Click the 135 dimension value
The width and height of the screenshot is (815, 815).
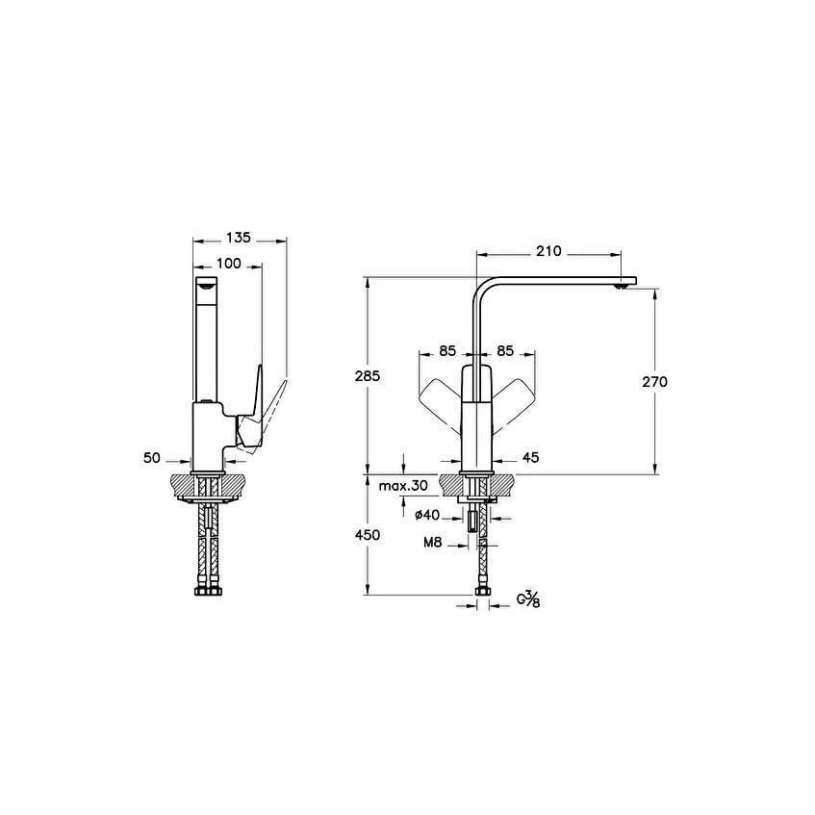[x=239, y=238]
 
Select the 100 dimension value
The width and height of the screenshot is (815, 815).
[x=229, y=264]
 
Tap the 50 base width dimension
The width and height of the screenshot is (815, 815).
[x=152, y=458]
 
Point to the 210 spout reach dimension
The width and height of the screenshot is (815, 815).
[x=548, y=251]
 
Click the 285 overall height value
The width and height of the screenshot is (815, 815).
[x=368, y=375]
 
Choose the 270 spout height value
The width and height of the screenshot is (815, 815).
[x=654, y=381]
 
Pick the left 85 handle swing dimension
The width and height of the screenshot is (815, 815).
[x=447, y=351]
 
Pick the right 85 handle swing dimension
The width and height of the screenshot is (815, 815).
[x=505, y=351]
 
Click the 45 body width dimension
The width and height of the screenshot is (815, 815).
[x=530, y=457]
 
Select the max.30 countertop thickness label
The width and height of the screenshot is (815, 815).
[x=403, y=486]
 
